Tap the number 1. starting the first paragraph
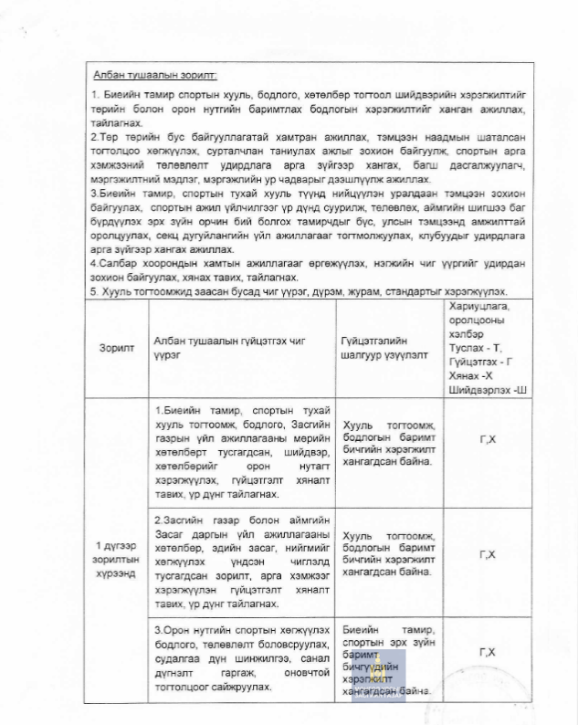click(97, 95)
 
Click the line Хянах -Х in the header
click(469, 375)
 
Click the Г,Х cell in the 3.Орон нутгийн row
click(488, 652)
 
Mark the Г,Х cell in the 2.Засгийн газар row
click(488, 555)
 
